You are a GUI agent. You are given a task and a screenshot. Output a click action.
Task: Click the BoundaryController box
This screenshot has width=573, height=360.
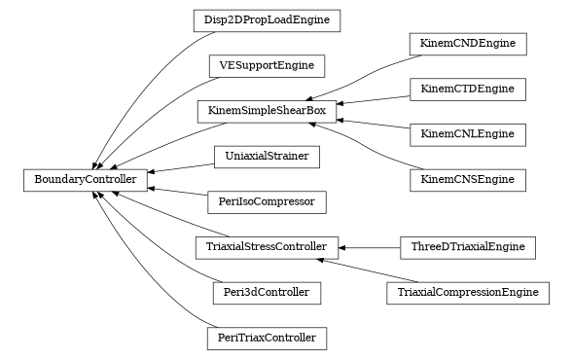[87, 179]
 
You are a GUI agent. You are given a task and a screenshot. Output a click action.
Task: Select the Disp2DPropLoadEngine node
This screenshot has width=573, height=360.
[267, 20]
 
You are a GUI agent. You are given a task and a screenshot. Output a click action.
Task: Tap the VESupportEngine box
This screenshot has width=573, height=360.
[267, 66]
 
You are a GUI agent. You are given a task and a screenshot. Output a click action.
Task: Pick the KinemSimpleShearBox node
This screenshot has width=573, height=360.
[267, 111]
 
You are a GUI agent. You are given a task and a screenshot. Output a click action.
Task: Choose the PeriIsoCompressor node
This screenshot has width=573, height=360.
[267, 202]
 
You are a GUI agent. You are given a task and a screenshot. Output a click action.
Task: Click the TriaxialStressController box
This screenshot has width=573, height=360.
[267, 247]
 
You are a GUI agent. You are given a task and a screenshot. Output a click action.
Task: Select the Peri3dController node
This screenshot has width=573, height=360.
[267, 293]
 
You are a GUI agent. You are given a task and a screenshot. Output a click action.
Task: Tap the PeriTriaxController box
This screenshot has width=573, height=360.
[267, 339]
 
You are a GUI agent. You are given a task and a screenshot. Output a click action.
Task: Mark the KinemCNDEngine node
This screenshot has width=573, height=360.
[468, 44]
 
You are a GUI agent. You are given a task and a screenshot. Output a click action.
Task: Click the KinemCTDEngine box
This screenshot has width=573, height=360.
[468, 89]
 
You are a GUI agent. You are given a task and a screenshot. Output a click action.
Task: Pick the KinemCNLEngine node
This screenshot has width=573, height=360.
[468, 134]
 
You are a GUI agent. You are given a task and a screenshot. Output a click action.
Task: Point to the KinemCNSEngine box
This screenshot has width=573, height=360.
[468, 180]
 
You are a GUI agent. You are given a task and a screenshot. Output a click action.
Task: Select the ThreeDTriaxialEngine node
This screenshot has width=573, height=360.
[468, 247]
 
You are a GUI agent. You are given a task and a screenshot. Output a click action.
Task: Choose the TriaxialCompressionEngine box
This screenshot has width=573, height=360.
[468, 293]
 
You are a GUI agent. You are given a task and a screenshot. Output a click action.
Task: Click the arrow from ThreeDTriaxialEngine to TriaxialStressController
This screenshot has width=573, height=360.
[370, 247]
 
